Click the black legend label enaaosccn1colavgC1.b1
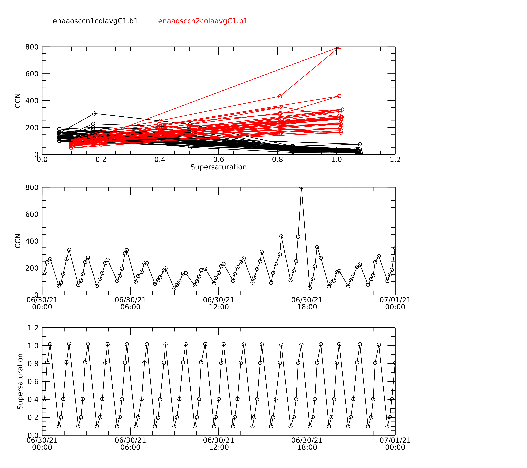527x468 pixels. tap(95, 21)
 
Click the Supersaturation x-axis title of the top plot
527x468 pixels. tap(218, 167)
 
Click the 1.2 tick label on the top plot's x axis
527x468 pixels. tap(395, 160)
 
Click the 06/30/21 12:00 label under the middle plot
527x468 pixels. tap(219, 303)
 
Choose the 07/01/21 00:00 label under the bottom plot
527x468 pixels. tap(395, 444)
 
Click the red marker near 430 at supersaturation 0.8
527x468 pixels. tap(280, 96)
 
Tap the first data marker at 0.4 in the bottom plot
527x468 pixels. tap(45, 399)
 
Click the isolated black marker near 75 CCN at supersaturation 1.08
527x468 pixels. tap(360, 144)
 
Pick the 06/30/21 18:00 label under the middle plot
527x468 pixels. tap(307, 303)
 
